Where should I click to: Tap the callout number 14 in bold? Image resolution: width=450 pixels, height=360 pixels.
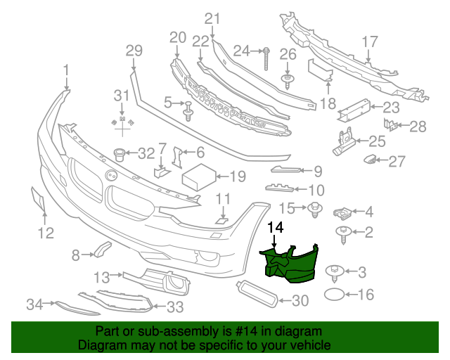tap(276, 227)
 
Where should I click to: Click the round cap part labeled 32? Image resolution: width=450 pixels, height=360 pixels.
tap(120, 153)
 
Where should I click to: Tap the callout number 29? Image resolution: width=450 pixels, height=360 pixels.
tap(134, 50)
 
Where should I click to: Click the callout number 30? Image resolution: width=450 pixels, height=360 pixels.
tap(300, 301)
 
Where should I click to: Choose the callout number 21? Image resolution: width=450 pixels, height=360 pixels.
tap(212, 19)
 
